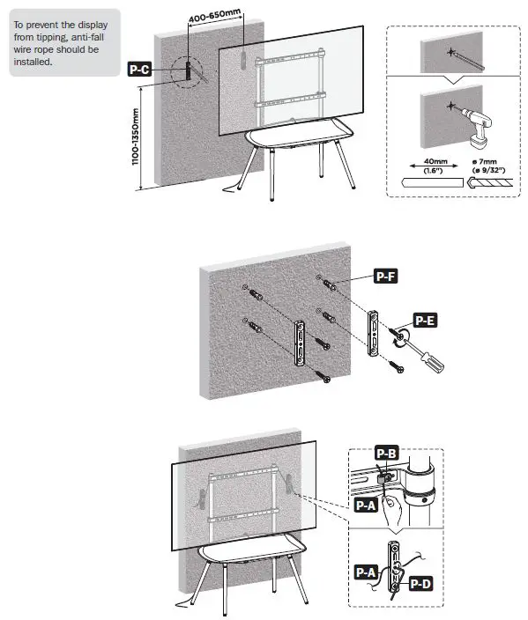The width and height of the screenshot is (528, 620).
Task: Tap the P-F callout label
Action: point(386,277)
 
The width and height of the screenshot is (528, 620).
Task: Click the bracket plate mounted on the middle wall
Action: point(301,345)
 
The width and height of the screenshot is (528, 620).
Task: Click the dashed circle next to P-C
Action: point(187,72)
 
